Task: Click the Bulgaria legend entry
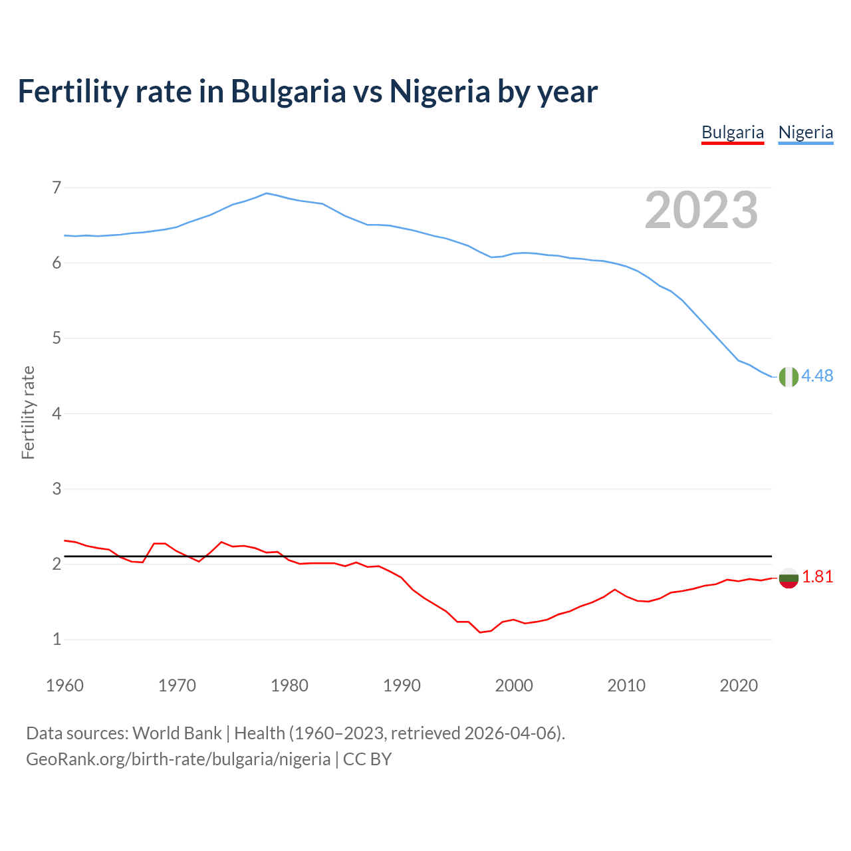tap(733, 132)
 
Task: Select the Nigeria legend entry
tap(805, 132)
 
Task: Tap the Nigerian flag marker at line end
tap(788, 376)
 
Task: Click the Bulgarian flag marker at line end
tap(788, 577)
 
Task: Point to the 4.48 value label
tap(817, 376)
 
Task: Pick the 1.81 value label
tap(817, 577)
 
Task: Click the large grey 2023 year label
tap(701, 210)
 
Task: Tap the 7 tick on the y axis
tap(57, 188)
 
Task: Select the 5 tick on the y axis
tap(57, 338)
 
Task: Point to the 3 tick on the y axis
tap(57, 489)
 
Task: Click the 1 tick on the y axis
tap(57, 640)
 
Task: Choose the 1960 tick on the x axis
tap(64, 685)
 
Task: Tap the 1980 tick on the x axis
tap(289, 685)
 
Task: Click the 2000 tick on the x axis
tap(514, 685)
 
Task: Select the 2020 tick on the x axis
tap(739, 685)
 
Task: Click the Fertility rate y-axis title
tap(28, 412)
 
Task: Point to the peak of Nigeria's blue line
tap(267, 193)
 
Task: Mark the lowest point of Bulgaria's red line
tap(480, 632)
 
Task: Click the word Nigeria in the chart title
tap(439, 91)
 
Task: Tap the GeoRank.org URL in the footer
tap(178, 759)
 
